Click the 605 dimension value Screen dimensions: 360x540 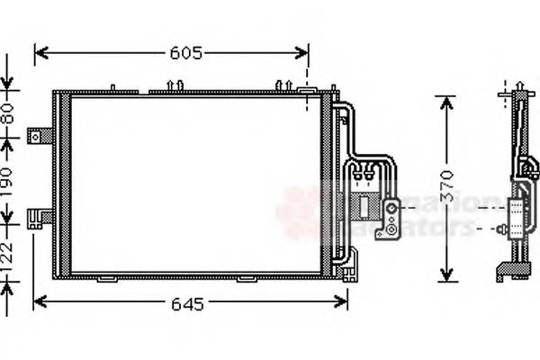(x=185, y=53)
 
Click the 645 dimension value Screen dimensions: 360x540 (x=185, y=304)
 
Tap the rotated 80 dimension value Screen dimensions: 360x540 (x=9, y=115)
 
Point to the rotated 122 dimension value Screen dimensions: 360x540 (x=9, y=253)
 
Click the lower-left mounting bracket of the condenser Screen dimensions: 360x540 (x=40, y=217)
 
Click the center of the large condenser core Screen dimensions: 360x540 (x=194, y=184)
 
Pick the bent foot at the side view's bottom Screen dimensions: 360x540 (x=504, y=268)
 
